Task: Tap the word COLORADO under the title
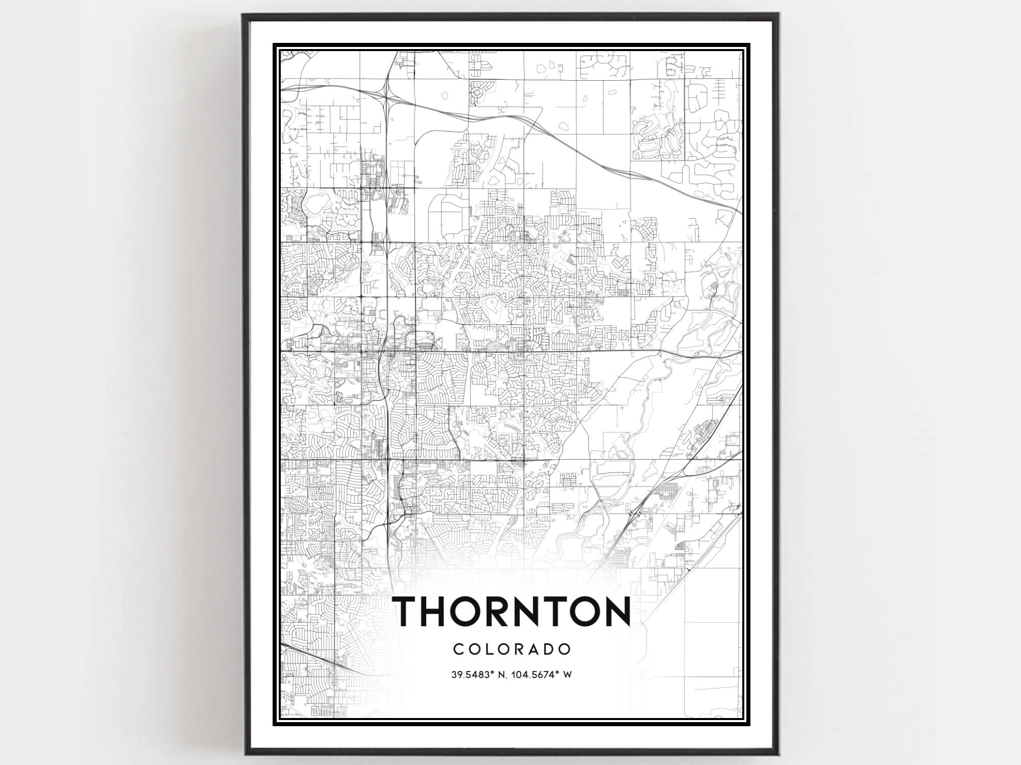(512, 649)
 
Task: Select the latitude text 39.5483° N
(478, 675)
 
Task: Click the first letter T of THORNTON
(410, 612)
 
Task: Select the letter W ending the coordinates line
(567, 675)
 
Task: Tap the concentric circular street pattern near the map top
(478, 93)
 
